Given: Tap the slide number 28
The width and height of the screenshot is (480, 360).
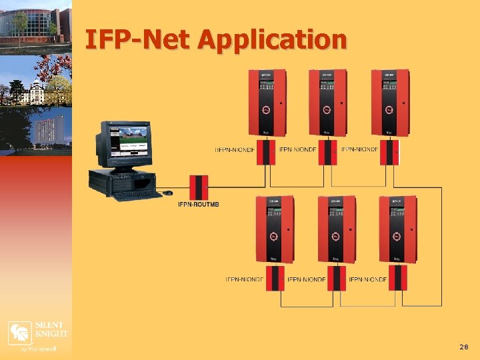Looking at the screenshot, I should tap(463, 347).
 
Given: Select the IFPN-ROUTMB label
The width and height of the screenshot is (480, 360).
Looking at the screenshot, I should tap(198, 204).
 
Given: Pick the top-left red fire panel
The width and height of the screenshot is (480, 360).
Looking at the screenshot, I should tap(265, 103).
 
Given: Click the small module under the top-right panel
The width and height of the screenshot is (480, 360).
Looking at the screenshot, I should tap(389, 152).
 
